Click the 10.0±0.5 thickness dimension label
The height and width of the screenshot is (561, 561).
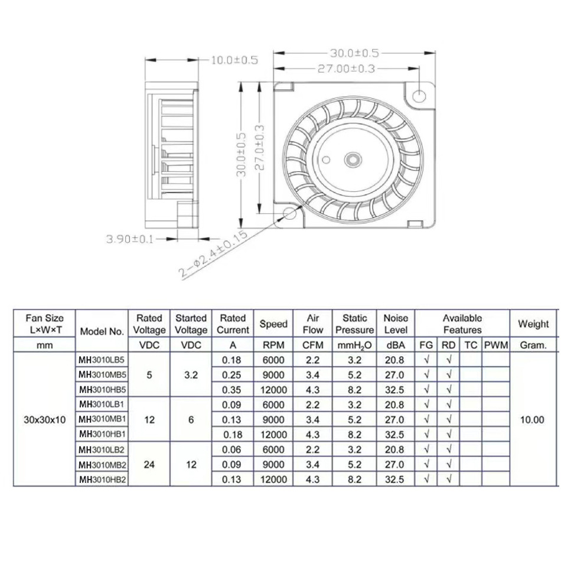(234, 60)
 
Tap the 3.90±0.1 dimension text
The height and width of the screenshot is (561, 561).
(129, 239)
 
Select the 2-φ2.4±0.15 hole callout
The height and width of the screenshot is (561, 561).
(213, 255)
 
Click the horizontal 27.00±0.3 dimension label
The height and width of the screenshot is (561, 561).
(346, 69)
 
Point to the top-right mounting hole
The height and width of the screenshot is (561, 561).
(419, 96)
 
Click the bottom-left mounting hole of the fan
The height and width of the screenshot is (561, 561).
(289, 214)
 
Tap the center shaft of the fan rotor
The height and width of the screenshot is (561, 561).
(353, 159)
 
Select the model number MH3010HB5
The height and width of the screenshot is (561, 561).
(102, 389)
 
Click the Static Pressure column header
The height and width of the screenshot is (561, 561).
(354, 324)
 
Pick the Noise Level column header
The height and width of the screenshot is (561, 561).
(396, 324)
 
